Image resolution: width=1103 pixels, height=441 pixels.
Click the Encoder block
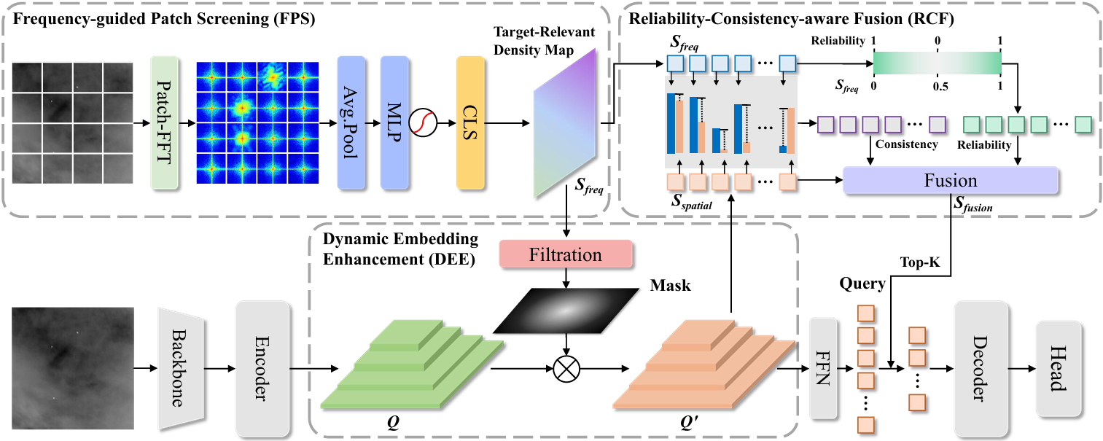(x=262, y=362)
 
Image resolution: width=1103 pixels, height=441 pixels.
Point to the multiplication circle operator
(x=565, y=370)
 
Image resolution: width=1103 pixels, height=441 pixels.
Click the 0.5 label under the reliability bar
(x=939, y=87)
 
